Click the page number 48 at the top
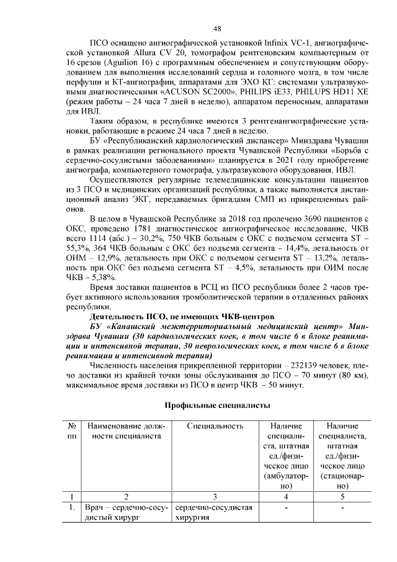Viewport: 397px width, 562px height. coord(217,29)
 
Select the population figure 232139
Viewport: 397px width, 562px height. coord(300,366)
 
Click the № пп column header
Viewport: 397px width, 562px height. coord(73,431)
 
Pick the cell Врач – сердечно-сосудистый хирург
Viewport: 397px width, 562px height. coord(127,513)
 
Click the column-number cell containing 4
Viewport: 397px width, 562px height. coord(286,496)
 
